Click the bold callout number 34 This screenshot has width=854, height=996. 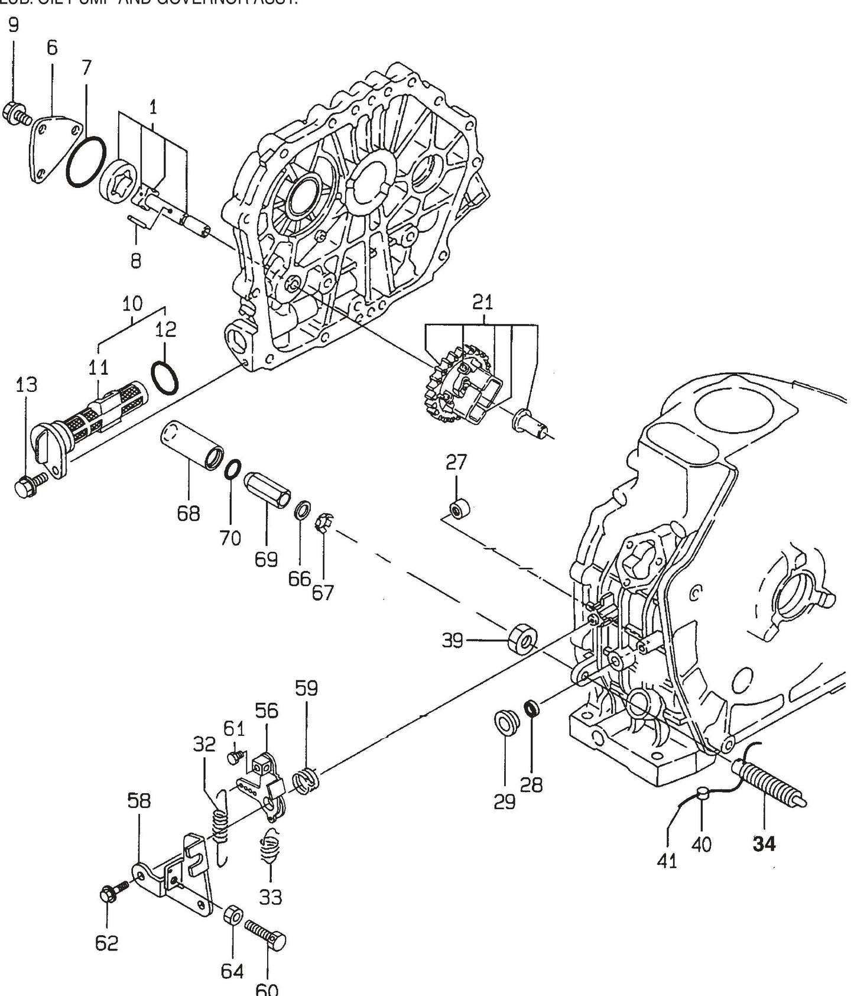764,845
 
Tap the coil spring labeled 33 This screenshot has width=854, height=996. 270,847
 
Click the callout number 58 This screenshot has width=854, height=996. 139,802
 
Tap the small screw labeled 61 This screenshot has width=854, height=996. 235,756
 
